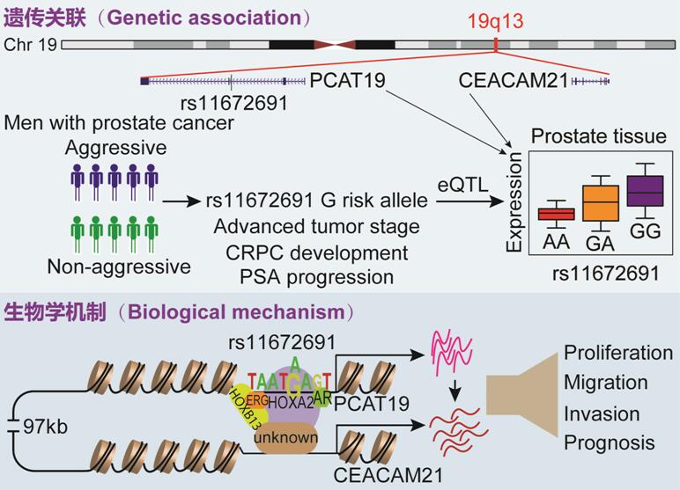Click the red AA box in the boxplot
[x=556, y=214]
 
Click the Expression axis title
[x=514, y=206]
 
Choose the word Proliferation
[x=618, y=353]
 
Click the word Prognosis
[x=610, y=442]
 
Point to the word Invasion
[x=602, y=413]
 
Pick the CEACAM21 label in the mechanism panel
[x=373, y=475]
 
